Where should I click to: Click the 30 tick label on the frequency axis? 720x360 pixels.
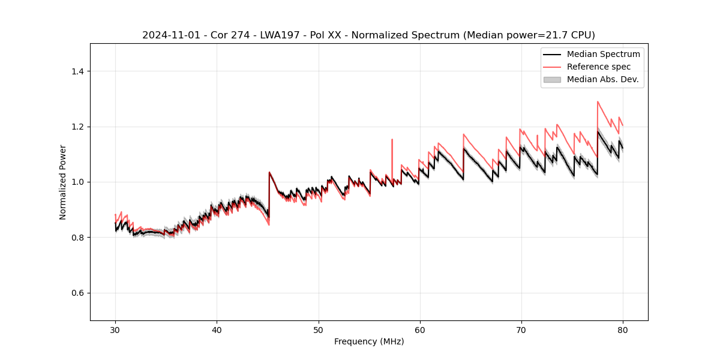(x=115, y=329)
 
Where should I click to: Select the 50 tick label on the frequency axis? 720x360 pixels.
(x=319, y=329)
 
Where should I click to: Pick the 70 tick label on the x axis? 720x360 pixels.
(x=521, y=329)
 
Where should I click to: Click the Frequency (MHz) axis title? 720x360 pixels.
(x=369, y=341)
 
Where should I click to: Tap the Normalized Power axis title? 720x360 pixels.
(x=63, y=182)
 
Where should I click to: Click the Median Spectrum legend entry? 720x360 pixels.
(x=603, y=54)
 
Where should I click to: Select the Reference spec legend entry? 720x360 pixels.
(x=598, y=67)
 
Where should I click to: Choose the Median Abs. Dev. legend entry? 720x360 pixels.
(x=602, y=79)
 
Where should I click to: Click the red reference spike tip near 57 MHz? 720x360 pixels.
(x=392, y=140)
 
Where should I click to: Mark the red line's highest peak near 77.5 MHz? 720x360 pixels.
(x=598, y=101)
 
